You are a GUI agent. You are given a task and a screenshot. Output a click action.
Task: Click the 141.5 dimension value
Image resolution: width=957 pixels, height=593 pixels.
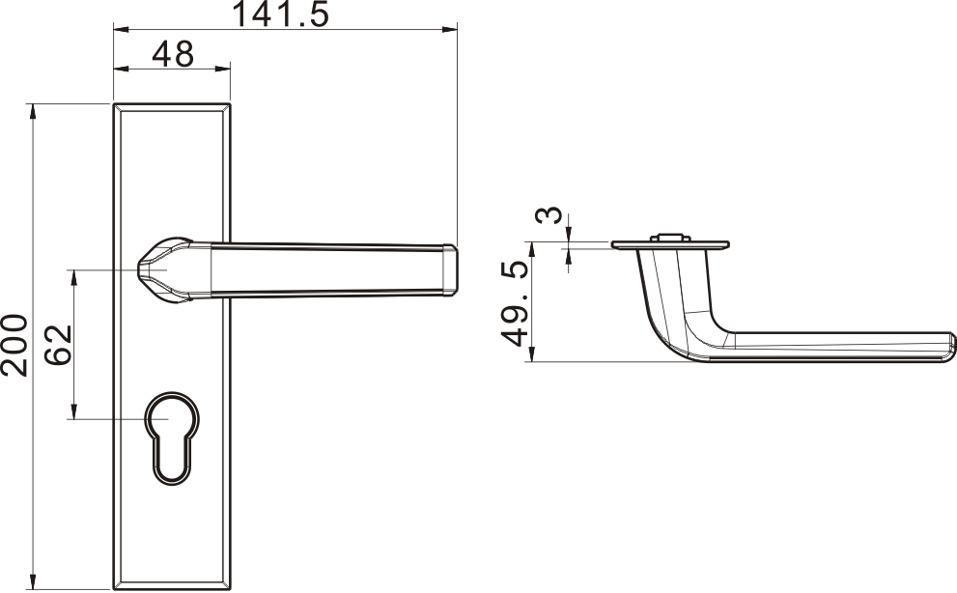pos(281,14)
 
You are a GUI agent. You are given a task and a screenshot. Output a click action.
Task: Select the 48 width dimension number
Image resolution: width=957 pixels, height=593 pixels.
pos(173,54)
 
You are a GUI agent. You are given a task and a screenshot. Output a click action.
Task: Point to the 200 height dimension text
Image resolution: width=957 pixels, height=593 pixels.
pos(14,345)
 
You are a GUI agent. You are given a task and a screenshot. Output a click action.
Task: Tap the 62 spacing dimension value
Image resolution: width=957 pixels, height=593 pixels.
pos(59,345)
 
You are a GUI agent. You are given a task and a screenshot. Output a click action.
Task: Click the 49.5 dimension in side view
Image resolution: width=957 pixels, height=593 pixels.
pos(514,303)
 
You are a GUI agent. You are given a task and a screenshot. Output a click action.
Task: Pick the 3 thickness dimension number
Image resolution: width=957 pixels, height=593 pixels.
pos(549,215)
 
